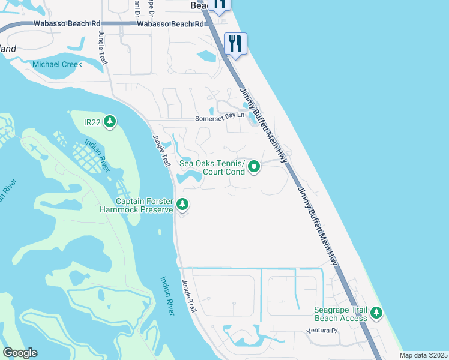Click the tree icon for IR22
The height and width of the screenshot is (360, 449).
(x=109, y=122)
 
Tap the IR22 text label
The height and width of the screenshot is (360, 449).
(x=92, y=122)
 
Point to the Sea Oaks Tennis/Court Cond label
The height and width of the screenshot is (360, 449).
(x=212, y=168)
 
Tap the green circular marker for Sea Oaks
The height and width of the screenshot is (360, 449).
(x=254, y=167)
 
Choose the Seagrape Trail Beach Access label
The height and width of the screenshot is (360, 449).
(x=341, y=314)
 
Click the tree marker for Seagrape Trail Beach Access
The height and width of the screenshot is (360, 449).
(x=376, y=313)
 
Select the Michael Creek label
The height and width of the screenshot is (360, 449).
(x=58, y=64)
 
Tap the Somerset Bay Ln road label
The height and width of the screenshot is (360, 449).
(x=220, y=119)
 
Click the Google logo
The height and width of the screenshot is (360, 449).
(x=20, y=353)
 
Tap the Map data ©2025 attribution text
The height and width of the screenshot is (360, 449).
(x=423, y=355)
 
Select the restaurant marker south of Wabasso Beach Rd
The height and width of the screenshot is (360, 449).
(x=235, y=43)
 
